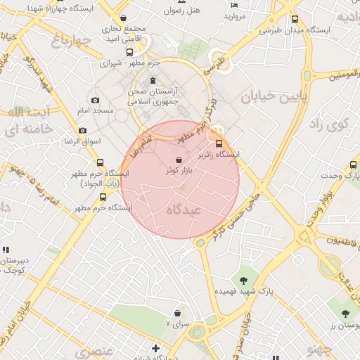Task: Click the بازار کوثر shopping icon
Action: pos(179,160)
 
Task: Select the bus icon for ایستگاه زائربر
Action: pos(217,143)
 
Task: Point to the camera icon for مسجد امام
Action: pos(95,101)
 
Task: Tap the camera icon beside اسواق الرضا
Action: pos(82,131)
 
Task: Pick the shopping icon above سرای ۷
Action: pos(176,314)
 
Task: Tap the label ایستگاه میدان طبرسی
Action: pos(294,31)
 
